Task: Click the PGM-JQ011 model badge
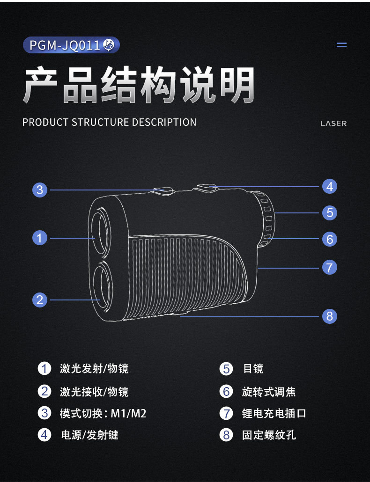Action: tap(71, 45)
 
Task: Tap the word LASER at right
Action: tap(333, 124)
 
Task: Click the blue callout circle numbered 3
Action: tap(40, 190)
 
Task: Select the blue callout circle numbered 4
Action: tap(330, 186)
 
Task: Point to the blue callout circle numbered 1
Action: tap(40, 238)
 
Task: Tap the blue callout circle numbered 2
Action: tap(40, 299)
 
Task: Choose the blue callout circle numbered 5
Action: tap(330, 213)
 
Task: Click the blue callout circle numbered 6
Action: tap(330, 239)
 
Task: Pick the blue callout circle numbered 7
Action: tap(330, 267)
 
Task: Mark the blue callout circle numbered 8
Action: tap(330, 316)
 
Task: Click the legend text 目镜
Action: tap(253, 369)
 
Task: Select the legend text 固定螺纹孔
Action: tap(269, 435)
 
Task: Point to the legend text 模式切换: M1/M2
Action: tap(103, 413)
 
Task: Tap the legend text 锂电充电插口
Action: tap(274, 414)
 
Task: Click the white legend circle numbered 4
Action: tap(44, 435)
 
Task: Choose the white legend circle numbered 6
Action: tap(226, 391)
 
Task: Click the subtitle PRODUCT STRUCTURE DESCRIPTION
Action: tap(110, 123)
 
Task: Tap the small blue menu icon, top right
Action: tap(342, 45)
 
